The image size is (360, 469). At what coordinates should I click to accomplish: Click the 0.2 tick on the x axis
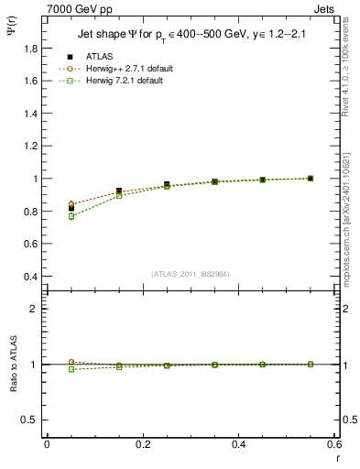pos(142,444)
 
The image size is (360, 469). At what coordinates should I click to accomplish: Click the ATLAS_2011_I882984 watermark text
pos(190,273)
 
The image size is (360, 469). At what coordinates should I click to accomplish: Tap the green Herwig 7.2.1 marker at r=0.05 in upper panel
pos(71,216)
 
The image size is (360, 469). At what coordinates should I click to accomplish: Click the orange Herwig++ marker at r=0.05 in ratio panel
pos(71,362)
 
